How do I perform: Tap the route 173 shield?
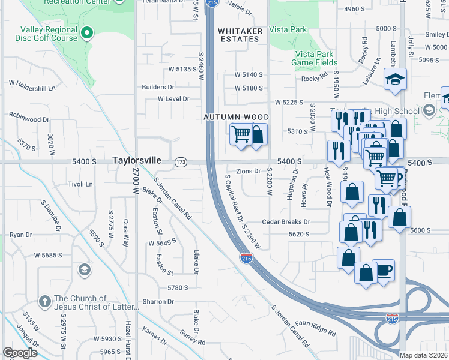(181, 162)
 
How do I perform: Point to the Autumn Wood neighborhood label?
(235, 117)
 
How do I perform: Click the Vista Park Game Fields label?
(315, 58)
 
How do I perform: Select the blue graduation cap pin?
(395, 79)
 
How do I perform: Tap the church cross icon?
(44, 301)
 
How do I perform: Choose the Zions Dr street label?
(249, 171)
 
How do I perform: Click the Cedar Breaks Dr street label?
(285, 221)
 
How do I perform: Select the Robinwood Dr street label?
(29, 119)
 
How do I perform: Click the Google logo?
(20, 353)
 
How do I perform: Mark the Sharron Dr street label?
(158, 301)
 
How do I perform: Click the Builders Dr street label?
(158, 87)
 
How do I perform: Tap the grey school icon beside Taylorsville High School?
(429, 110)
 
